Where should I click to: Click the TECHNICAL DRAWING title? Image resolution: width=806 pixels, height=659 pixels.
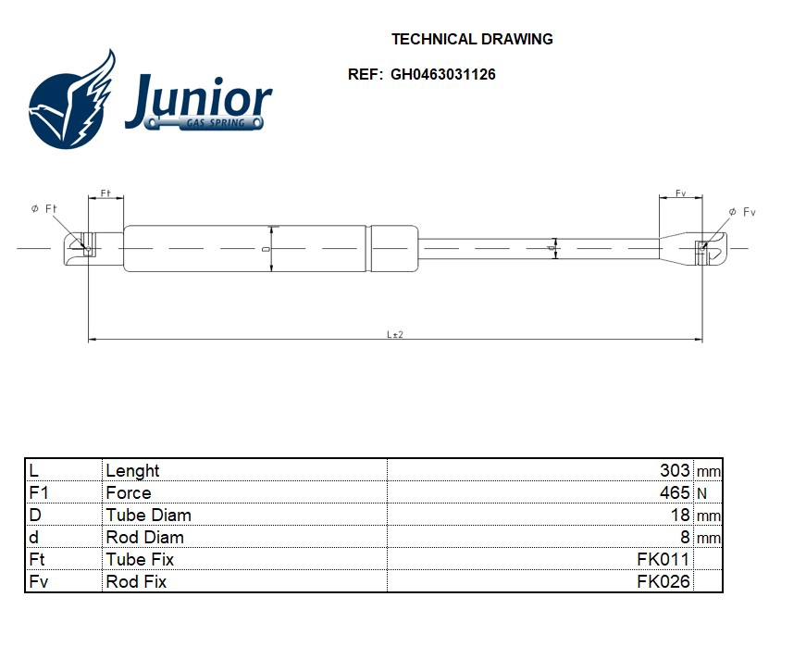(472, 39)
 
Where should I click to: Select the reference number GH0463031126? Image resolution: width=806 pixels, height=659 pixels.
(442, 74)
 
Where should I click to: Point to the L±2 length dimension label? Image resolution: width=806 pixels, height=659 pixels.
(395, 334)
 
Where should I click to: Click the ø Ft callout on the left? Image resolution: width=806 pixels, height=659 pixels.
(44, 209)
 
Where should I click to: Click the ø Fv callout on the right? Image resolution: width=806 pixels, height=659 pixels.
(742, 212)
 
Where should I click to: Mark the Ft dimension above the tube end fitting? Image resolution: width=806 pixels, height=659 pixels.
(105, 193)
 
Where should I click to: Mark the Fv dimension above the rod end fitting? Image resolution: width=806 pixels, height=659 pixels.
(680, 193)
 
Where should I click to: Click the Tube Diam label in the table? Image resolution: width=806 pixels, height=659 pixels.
(148, 515)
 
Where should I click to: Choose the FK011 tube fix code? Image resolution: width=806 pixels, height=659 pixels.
(663, 559)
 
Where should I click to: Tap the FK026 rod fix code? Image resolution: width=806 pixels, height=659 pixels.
(663, 581)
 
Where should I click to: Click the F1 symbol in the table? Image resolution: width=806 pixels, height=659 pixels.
(39, 492)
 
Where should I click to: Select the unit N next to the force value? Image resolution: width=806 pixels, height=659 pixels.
(701, 493)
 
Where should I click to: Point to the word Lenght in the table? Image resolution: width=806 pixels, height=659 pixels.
(132, 470)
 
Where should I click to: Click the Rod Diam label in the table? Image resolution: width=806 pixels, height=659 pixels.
(144, 537)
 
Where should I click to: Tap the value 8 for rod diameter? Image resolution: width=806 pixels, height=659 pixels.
(684, 537)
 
